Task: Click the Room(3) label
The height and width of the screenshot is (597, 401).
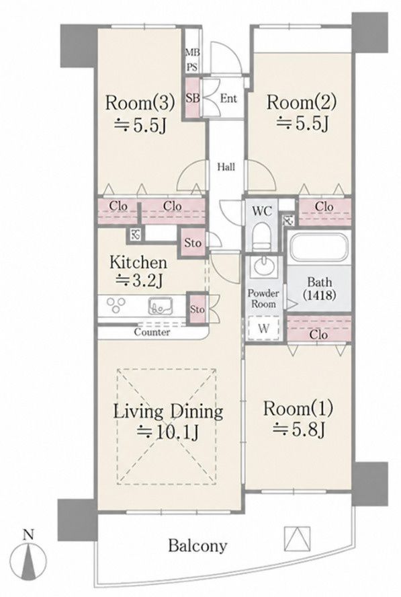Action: tap(140, 103)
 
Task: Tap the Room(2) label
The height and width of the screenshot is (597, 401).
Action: tap(302, 102)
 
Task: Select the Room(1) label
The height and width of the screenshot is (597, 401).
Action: tap(298, 409)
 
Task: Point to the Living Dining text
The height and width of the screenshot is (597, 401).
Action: tap(169, 411)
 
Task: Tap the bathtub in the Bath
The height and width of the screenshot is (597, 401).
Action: tap(318, 247)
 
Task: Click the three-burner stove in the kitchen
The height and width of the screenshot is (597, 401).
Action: tap(116, 305)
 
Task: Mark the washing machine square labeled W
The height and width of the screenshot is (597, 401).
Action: tap(263, 328)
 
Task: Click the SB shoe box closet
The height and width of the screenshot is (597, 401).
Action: tap(193, 97)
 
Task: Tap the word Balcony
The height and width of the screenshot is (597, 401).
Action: tap(198, 546)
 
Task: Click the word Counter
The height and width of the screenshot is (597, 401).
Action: tap(152, 332)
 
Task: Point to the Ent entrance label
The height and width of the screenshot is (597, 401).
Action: tap(228, 99)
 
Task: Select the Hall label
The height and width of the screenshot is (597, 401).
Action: tap(226, 167)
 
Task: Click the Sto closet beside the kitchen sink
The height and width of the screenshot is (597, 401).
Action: tap(197, 309)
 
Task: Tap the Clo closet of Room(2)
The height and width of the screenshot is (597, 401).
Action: tap(324, 212)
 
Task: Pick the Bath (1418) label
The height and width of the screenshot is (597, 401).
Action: tap(320, 288)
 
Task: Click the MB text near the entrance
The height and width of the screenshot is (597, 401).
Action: tap(193, 52)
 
